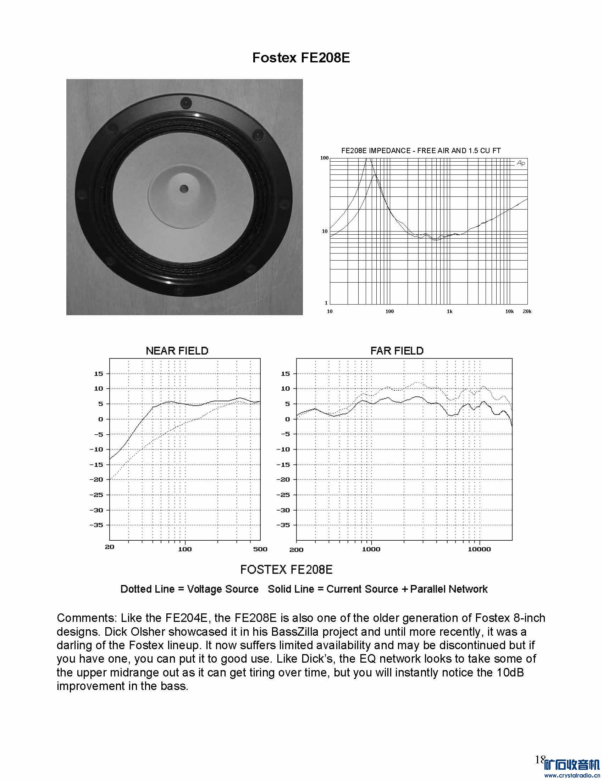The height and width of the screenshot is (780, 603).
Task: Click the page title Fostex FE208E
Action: pos(301,58)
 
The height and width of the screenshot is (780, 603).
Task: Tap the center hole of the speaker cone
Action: pos(184,188)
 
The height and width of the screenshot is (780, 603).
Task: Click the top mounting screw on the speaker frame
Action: pos(186,103)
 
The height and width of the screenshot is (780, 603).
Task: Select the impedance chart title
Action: pos(420,151)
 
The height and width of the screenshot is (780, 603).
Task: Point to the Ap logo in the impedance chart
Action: pos(521,163)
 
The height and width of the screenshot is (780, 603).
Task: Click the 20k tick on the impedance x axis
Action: pos(527,311)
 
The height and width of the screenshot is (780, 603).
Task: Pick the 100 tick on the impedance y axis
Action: pos(324,158)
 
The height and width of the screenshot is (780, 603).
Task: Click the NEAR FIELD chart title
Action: pos(177,351)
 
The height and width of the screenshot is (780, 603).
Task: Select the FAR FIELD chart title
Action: pos(397,351)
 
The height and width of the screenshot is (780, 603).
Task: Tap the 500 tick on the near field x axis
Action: pos(260,549)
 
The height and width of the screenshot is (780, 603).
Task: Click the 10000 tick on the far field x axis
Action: pos(479,549)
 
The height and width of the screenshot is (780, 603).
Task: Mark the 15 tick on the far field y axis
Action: pos(285,374)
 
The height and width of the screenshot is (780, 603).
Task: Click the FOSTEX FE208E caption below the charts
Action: pos(286,569)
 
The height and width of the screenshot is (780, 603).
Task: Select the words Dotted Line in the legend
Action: pos(147,589)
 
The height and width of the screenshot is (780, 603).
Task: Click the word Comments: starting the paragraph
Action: pos(87,618)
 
